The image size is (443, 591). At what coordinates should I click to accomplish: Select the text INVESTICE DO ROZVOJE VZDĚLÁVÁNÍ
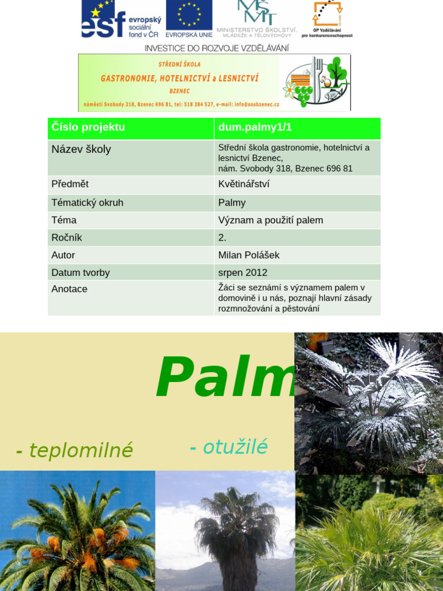click(x=216, y=48)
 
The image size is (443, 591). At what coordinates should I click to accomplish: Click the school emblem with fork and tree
click(x=315, y=83)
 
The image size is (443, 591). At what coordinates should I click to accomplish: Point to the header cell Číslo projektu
click(x=88, y=128)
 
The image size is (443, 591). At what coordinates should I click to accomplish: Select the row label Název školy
click(x=81, y=149)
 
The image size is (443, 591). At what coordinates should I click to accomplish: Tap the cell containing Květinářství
click(x=244, y=184)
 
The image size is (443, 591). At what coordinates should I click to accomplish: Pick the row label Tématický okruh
click(x=88, y=203)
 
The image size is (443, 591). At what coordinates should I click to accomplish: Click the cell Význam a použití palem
click(x=271, y=220)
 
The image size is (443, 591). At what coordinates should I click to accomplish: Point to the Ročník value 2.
click(x=223, y=237)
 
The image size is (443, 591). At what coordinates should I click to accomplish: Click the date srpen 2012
click(x=243, y=272)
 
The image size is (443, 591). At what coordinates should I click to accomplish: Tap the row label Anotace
click(x=70, y=289)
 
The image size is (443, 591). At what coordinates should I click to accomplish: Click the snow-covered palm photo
click(x=369, y=402)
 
